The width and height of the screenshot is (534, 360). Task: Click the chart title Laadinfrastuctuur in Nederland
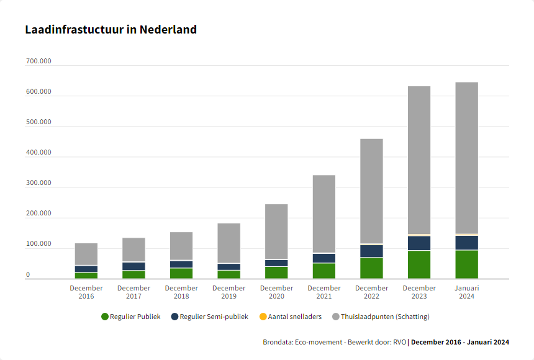[111, 29]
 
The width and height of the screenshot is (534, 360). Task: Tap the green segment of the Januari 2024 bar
[467, 264]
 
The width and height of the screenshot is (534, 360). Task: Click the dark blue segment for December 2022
[371, 251]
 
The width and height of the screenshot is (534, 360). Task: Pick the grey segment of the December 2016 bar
[86, 254]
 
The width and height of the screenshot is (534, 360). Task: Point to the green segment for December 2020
[276, 272]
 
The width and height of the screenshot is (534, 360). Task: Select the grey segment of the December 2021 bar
[324, 214]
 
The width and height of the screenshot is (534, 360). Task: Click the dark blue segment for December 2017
[133, 266]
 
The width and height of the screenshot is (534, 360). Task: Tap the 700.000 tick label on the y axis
[38, 62]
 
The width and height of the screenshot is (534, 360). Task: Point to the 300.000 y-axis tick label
[38, 184]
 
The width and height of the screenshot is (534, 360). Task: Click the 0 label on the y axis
[28, 275]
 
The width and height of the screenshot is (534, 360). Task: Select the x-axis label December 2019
[229, 292]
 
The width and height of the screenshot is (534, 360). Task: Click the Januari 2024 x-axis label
[467, 292]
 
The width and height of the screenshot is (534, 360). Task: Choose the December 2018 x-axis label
[181, 292]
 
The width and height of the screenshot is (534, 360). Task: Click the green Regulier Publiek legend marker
[105, 317]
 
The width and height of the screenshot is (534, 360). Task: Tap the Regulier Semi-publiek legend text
[214, 317]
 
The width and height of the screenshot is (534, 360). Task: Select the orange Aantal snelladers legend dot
[263, 317]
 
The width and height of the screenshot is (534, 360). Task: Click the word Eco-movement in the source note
[320, 342]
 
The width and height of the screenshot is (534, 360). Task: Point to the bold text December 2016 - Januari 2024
[460, 342]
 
